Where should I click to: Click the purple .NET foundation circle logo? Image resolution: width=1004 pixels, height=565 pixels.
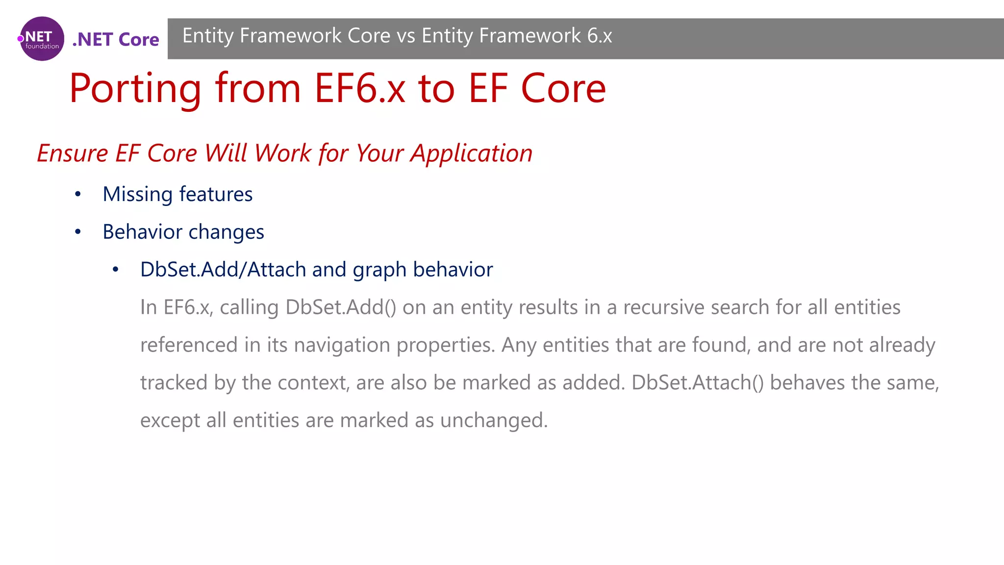coord(42,39)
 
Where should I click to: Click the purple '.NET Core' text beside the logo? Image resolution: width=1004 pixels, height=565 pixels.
coord(116,39)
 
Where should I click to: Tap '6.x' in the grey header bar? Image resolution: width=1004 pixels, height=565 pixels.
coord(599,36)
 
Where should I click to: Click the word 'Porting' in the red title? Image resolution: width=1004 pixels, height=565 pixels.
coord(135,89)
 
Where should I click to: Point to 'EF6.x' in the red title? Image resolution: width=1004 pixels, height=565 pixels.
coord(360,89)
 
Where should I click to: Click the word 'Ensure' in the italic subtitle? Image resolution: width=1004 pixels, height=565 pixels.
coord(73,153)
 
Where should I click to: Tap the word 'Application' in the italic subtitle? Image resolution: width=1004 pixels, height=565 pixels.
coord(472,153)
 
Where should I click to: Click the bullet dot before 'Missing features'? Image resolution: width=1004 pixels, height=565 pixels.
coord(77,194)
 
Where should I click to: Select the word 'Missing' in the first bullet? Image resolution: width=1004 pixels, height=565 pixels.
coord(138,194)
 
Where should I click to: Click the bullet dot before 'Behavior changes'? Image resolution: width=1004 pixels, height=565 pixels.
coord(77,231)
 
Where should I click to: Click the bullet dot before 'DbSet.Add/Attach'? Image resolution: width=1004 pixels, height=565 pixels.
coord(115,269)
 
